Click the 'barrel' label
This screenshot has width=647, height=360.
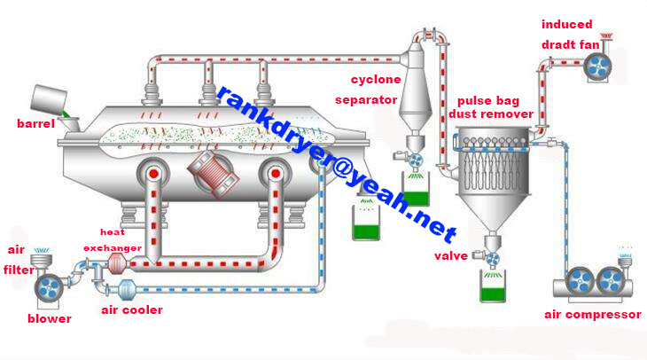35,123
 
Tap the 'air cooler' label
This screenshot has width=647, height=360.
131,309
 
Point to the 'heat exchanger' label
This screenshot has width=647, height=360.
113,240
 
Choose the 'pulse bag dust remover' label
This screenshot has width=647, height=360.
490,107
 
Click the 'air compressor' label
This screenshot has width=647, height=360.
592,314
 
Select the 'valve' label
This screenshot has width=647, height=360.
451,256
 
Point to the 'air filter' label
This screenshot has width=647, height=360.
19,260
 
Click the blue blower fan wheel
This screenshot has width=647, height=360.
46,286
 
